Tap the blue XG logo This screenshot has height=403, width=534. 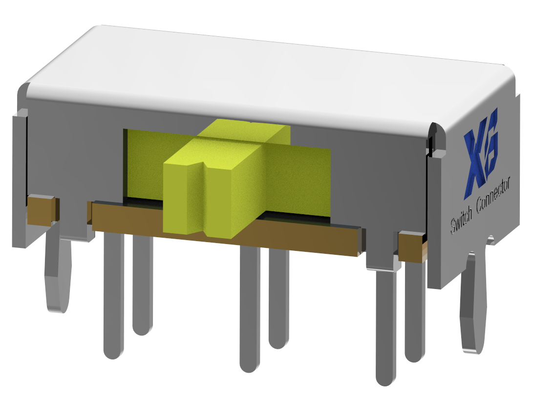481,154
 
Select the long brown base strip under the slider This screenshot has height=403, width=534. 303,237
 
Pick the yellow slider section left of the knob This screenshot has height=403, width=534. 144,164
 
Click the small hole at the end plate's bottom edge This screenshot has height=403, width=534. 491,240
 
